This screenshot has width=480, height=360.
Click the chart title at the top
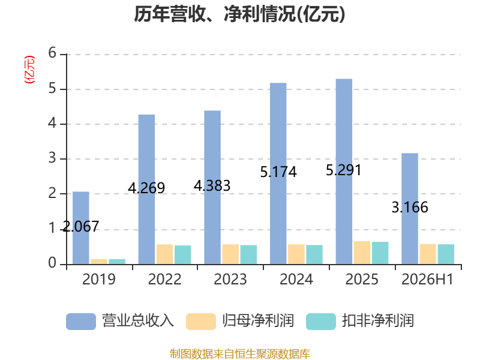239,14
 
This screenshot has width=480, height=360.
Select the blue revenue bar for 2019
81,228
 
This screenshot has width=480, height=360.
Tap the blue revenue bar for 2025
344,172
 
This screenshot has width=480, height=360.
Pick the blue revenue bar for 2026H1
410,208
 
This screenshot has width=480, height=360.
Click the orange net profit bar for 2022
164,254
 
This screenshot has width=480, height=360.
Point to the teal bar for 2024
314,254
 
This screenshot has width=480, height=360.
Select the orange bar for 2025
362,253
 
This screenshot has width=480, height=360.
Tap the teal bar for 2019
117,262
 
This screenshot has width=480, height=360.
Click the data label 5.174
278,172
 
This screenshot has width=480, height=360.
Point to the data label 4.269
146,188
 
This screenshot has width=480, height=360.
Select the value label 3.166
410,207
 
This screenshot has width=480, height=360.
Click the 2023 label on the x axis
230,279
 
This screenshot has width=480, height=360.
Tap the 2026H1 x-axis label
427,279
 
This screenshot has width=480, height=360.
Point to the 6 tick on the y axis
52,53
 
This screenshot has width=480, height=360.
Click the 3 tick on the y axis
52,158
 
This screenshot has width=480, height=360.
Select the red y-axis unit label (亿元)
29,70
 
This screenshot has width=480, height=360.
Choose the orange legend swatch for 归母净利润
201,322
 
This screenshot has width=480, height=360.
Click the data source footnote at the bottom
240,354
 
